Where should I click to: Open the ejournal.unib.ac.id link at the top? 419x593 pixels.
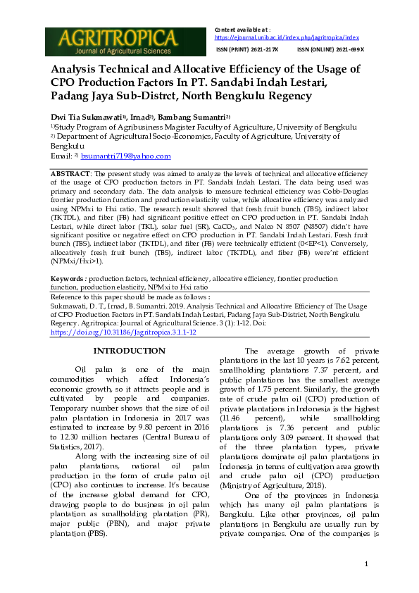point(287,37)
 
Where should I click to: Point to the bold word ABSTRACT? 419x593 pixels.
point(70,173)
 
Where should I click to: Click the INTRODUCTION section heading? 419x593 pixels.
point(129,351)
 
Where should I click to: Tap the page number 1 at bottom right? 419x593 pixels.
point(366,565)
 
